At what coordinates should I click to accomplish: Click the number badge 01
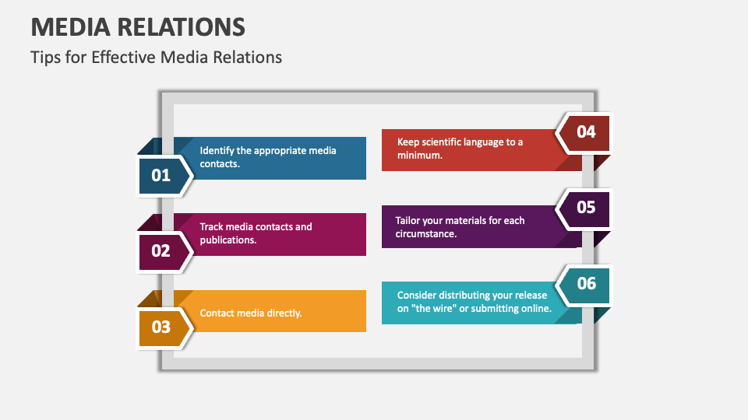[161, 175]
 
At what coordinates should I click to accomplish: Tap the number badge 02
[161, 250]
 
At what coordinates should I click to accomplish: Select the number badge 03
[161, 327]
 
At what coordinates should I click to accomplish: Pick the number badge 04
[586, 131]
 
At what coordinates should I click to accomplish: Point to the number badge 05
[586, 207]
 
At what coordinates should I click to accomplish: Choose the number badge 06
[586, 282]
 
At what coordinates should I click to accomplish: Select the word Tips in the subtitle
[44, 57]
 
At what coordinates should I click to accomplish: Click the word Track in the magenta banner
[212, 226]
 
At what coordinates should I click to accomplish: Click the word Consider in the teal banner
[418, 295]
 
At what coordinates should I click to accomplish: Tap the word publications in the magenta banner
[228, 240]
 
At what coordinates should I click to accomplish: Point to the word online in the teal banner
[536, 308]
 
